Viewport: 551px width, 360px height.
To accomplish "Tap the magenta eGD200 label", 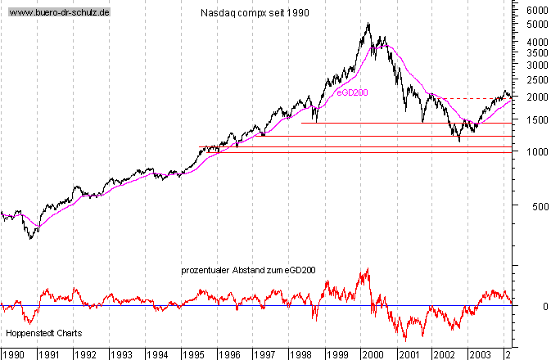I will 353,92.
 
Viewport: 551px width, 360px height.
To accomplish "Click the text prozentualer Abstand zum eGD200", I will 249,270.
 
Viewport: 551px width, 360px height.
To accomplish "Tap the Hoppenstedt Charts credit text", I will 39,334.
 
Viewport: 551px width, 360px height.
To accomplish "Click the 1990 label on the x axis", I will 13,354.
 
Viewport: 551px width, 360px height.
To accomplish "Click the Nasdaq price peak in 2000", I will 368,23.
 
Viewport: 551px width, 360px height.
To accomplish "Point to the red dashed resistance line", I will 475,99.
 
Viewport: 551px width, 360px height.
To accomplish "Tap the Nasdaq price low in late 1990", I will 29,239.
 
